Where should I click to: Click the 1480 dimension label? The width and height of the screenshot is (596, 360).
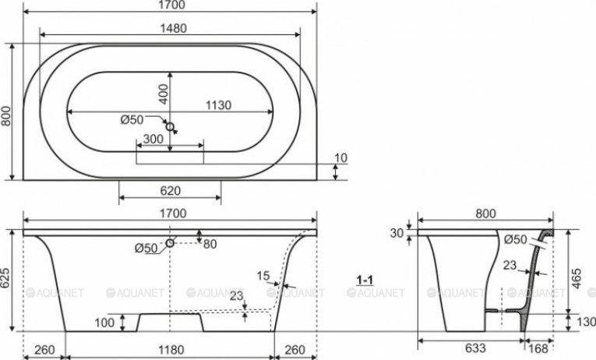click(x=173, y=29)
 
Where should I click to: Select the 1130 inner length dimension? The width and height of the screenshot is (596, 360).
click(x=218, y=105)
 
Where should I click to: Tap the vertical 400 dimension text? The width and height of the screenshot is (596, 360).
click(x=163, y=94)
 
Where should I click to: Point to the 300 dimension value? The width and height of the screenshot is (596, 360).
click(x=153, y=139)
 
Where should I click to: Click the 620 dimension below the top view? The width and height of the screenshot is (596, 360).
click(x=170, y=191)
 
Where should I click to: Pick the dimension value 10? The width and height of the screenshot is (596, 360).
click(x=341, y=157)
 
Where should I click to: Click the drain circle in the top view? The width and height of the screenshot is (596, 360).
click(x=170, y=126)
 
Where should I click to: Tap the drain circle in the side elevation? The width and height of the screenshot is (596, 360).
click(x=170, y=242)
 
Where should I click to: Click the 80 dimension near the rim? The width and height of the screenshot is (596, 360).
click(x=210, y=244)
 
